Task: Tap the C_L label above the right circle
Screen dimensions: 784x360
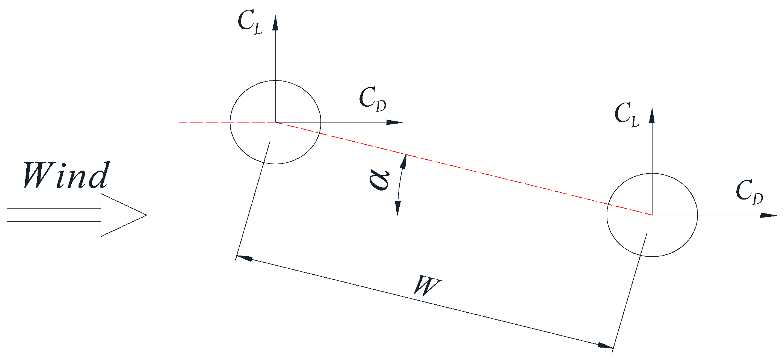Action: point(627,115)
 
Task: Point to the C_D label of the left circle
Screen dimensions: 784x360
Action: point(372,100)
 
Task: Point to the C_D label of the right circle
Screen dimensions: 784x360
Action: point(749,192)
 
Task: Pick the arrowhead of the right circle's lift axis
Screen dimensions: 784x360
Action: point(652,115)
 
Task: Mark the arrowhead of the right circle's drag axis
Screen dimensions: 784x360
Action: point(769,215)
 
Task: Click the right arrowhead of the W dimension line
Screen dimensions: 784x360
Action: point(606,345)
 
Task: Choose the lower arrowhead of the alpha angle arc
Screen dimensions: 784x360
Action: point(398,208)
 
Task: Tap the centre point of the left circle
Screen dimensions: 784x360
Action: point(275,122)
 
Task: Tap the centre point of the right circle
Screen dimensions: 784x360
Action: point(652,215)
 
